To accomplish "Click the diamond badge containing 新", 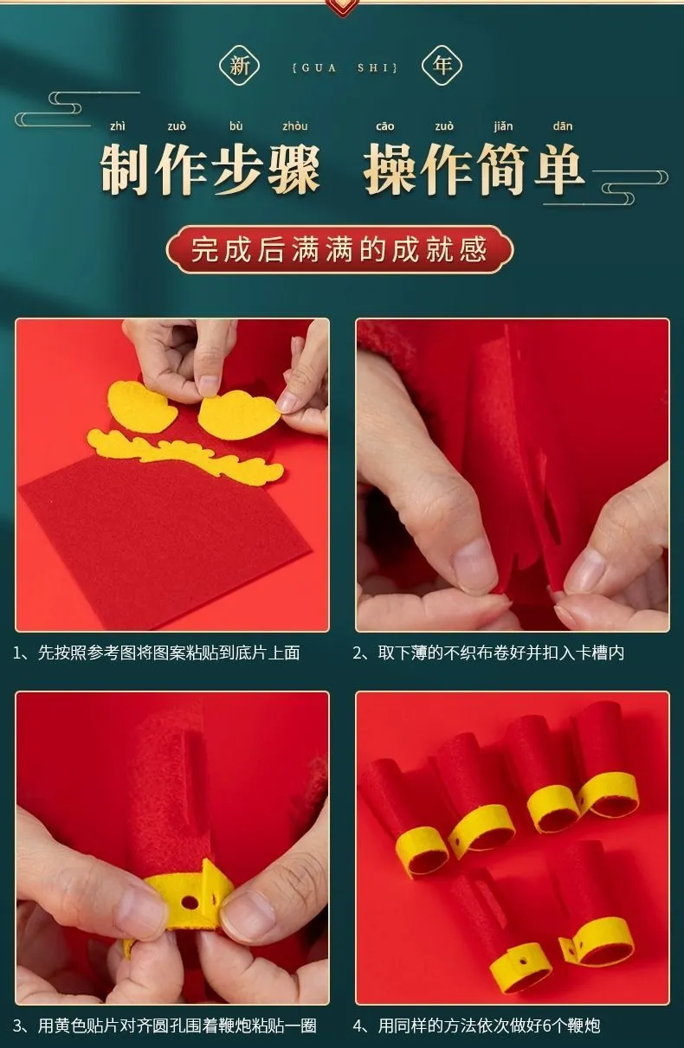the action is [x=239, y=66].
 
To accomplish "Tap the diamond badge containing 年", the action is [x=442, y=66].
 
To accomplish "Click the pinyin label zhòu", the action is [x=295, y=126].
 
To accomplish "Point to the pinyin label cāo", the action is [x=384, y=126].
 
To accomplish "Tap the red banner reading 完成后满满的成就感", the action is [x=340, y=249].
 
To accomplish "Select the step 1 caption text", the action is [x=157, y=653].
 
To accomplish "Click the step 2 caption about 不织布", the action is [x=488, y=653].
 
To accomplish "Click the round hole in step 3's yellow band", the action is [x=190, y=900].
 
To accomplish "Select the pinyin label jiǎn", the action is [x=503, y=126].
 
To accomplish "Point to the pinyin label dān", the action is [x=562, y=126].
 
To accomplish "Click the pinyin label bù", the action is [x=236, y=126].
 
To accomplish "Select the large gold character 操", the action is [x=390, y=169].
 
